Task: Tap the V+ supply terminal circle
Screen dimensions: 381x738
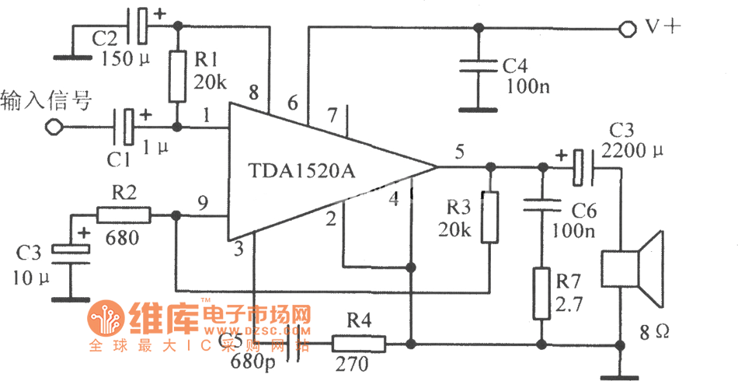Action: [x=627, y=29]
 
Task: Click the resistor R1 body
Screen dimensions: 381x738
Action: [x=178, y=76]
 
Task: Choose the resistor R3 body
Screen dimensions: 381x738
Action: [x=489, y=217]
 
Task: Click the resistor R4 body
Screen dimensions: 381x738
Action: [x=358, y=343]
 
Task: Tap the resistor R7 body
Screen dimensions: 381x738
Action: [x=540, y=293]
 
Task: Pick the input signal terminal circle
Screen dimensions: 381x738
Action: [x=52, y=128]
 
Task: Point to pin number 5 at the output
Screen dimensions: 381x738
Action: [x=459, y=153]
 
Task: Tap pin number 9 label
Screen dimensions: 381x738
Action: [x=203, y=204]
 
